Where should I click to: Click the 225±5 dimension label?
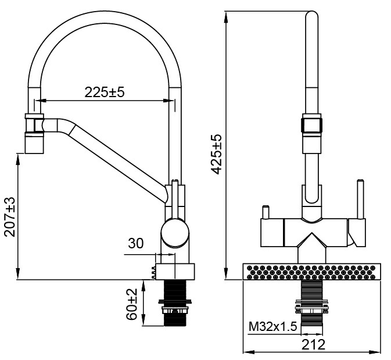tap(105, 92)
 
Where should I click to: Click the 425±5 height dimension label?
tap(216, 155)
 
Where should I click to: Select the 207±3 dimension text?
tap(10, 216)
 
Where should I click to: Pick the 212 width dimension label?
tap(313, 345)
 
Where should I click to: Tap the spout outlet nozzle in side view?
tap(34, 142)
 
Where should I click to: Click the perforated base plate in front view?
tap(313, 272)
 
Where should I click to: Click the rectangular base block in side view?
tap(174, 271)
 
